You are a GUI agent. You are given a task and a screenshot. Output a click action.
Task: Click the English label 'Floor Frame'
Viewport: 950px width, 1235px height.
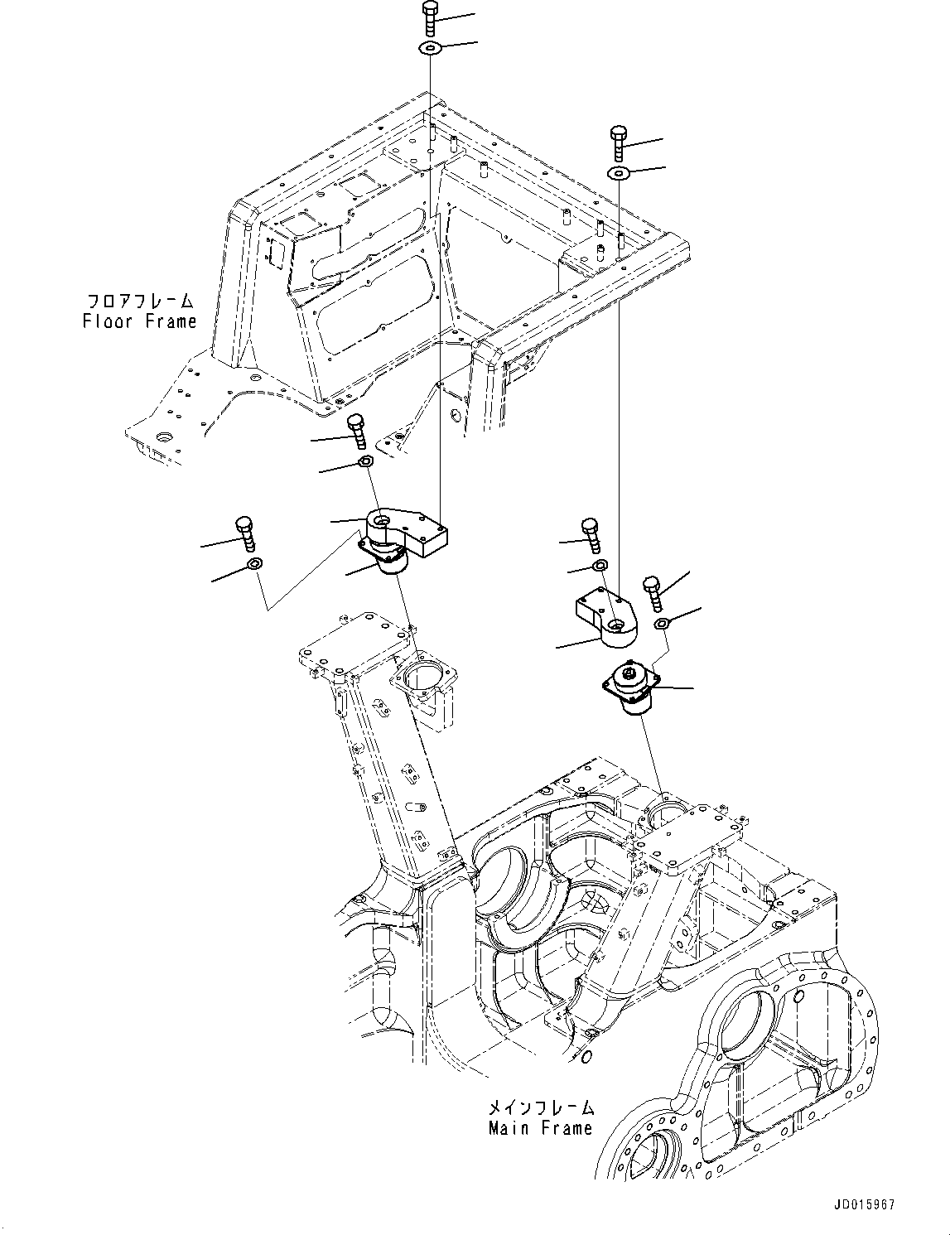pos(139,321)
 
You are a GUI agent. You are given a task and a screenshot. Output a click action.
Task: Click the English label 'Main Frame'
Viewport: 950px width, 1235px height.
pos(540,1127)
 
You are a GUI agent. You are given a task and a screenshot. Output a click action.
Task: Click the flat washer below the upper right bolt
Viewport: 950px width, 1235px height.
pos(619,173)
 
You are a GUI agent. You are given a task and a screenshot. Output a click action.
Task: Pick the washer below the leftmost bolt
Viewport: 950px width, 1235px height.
pos(254,566)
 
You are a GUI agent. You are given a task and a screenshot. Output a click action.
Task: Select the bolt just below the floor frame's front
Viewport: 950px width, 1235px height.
pos(355,429)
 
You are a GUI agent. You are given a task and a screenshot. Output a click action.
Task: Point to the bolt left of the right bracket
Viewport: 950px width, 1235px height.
pos(590,533)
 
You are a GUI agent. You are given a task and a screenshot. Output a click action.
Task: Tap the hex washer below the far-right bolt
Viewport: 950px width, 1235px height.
pos(661,623)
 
